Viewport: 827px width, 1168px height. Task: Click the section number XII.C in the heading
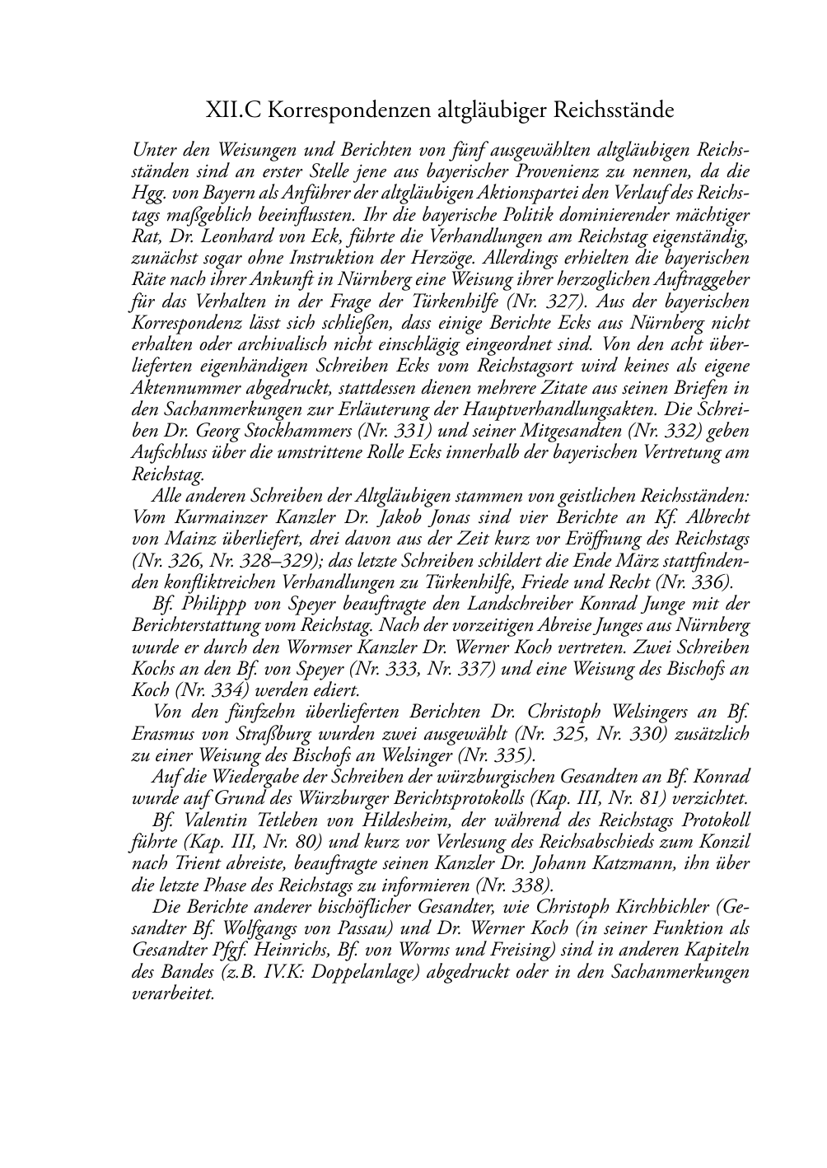[234, 110]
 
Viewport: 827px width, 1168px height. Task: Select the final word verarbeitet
[173, 992]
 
